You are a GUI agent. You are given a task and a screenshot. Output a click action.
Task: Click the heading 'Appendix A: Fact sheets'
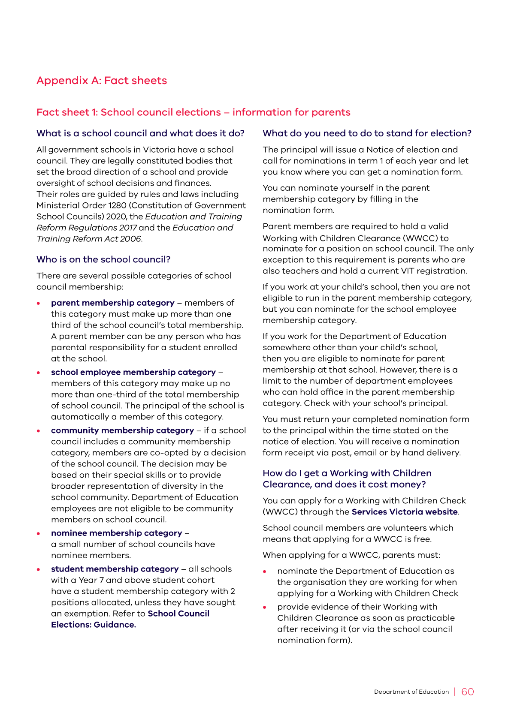[102, 81]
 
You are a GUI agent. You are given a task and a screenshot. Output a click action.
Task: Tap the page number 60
[467, 692]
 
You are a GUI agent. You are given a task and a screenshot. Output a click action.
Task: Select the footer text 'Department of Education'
[411, 692]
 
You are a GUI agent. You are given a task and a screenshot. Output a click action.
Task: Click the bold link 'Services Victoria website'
[405, 512]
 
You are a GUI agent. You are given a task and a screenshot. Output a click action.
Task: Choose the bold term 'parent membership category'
[112, 303]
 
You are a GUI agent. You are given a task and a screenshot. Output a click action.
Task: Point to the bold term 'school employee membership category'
[133, 373]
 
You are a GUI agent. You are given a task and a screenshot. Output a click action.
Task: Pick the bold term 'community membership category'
[122, 430]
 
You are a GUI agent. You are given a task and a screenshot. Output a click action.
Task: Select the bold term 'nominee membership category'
[116, 533]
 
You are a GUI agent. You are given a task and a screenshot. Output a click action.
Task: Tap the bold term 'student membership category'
[115, 569]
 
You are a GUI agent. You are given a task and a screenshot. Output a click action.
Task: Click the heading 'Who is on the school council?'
[103, 260]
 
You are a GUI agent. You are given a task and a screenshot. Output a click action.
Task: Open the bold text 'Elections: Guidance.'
[94, 625]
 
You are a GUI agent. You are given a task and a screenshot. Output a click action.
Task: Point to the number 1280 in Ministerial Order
[117, 206]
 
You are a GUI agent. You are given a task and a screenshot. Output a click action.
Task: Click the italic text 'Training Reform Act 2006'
[89, 239]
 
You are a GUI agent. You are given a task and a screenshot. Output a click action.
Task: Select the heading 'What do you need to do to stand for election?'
[367, 134]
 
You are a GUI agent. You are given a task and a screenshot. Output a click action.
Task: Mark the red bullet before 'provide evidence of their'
[265, 608]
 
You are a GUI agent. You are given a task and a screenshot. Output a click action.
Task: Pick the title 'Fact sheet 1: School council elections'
[128, 113]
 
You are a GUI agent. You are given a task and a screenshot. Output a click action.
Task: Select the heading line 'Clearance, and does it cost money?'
[344, 485]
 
